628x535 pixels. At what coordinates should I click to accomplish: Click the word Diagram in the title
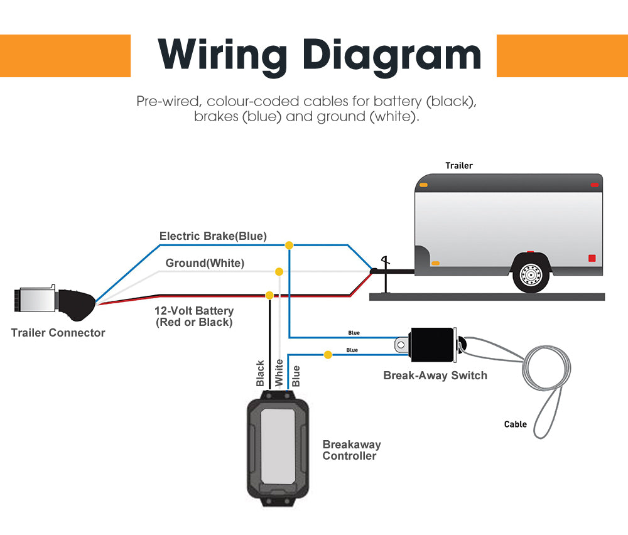(x=391, y=55)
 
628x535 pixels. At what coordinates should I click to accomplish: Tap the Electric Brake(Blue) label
(x=213, y=236)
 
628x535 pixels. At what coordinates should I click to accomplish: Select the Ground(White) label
(x=205, y=263)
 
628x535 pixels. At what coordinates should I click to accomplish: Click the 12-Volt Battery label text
(x=194, y=311)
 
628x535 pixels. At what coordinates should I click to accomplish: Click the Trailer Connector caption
(x=58, y=333)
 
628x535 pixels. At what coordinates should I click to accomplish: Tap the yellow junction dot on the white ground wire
(x=279, y=272)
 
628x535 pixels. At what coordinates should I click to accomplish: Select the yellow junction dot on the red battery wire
(x=269, y=295)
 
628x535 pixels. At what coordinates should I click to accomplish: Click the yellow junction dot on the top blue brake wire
(x=289, y=245)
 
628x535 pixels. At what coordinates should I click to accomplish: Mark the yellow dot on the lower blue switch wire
(x=327, y=355)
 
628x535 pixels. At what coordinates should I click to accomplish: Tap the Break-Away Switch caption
(x=435, y=376)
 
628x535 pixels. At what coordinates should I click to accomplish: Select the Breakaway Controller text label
(x=352, y=450)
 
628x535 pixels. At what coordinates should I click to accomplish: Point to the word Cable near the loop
(x=516, y=424)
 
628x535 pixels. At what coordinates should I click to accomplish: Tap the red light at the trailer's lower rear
(x=592, y=258)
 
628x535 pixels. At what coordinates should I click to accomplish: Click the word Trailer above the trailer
(x=459, y=166)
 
